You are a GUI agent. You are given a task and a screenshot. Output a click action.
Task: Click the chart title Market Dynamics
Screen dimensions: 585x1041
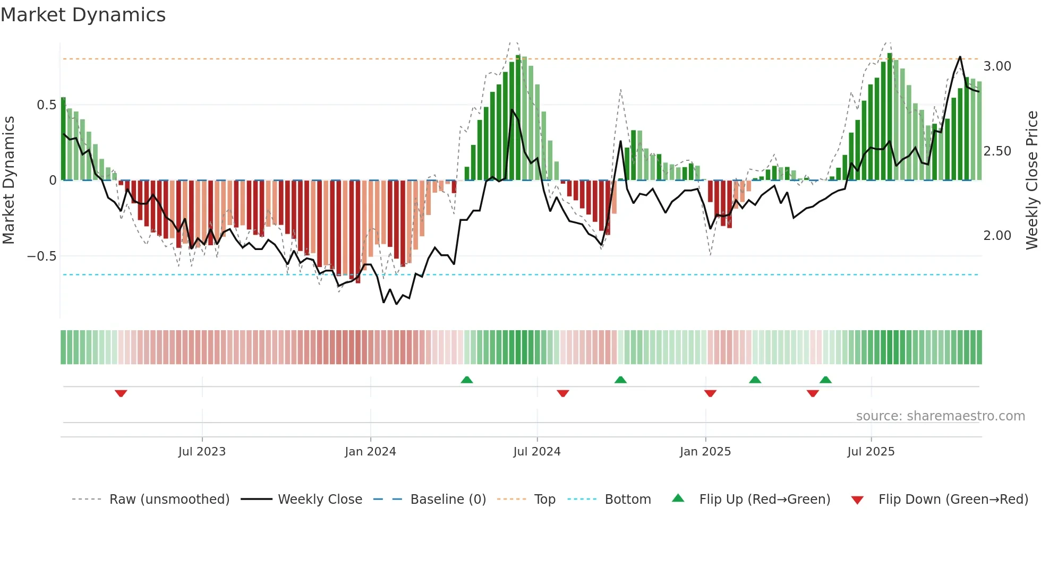tap(83, 15)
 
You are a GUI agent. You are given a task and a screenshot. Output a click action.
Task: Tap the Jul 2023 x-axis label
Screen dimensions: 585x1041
tap(202, 452)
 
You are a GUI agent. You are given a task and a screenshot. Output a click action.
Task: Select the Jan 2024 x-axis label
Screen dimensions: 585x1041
tap(370, 452)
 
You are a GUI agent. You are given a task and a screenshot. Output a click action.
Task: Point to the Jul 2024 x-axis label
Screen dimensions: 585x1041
tap(537, 452)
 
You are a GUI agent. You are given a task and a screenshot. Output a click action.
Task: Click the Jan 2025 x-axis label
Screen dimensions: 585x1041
tap(705, 452)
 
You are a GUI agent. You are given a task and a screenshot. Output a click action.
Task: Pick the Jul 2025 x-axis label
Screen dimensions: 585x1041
tap(871, 452)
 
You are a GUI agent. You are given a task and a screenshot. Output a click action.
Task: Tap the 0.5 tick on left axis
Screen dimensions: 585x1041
tap(47, 105)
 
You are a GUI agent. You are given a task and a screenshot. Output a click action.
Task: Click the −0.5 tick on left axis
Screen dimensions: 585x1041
tap(42, 256)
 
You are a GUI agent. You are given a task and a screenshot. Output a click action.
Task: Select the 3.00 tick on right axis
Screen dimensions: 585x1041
tap(997, 66)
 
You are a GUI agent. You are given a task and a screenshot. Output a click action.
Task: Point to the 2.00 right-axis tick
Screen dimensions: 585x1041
tap(997, 236)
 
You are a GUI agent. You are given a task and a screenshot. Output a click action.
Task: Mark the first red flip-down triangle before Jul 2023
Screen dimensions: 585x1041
tap(121, 393)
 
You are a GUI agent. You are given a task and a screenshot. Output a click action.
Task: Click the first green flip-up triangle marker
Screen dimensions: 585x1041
tap(467, 380)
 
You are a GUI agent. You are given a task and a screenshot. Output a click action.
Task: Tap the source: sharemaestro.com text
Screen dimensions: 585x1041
tap(940, 416)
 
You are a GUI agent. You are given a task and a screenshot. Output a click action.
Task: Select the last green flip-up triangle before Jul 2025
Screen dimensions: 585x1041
tap(825, 380)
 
